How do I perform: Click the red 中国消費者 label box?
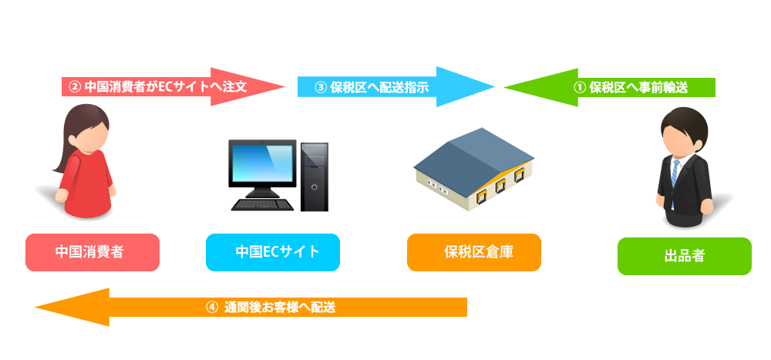click(93, 252)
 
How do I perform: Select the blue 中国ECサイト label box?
click(273, 252)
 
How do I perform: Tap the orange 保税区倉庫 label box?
click(473, 252)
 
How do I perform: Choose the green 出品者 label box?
click(684, 256)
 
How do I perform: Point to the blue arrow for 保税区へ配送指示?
click(385, 87)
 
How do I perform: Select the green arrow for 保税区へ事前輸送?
click(617, 87)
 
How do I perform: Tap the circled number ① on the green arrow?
click(581, 87)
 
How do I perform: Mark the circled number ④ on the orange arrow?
click(213, 307)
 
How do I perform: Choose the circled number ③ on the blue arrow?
click(321, 87)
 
